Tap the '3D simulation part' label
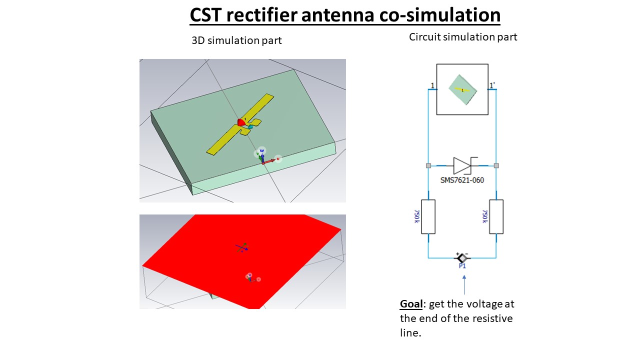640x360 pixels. (236, 40)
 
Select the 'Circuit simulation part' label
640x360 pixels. (463, 37)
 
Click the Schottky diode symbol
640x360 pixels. (462, 165)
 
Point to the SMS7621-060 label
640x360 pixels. (462, 180)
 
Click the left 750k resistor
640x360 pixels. (428, 216)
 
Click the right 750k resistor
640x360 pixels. (496, 216)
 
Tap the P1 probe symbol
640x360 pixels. (462, 258)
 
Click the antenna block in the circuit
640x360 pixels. (462, 89)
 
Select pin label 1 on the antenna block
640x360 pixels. (432, 86)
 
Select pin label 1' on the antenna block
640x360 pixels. (492, 86)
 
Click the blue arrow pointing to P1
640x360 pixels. (464, 285)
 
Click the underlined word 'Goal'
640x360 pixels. (412, 304)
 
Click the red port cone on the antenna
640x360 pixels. (241, 122)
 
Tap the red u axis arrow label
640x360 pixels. (278, 159)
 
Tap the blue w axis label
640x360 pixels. (261, 150)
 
